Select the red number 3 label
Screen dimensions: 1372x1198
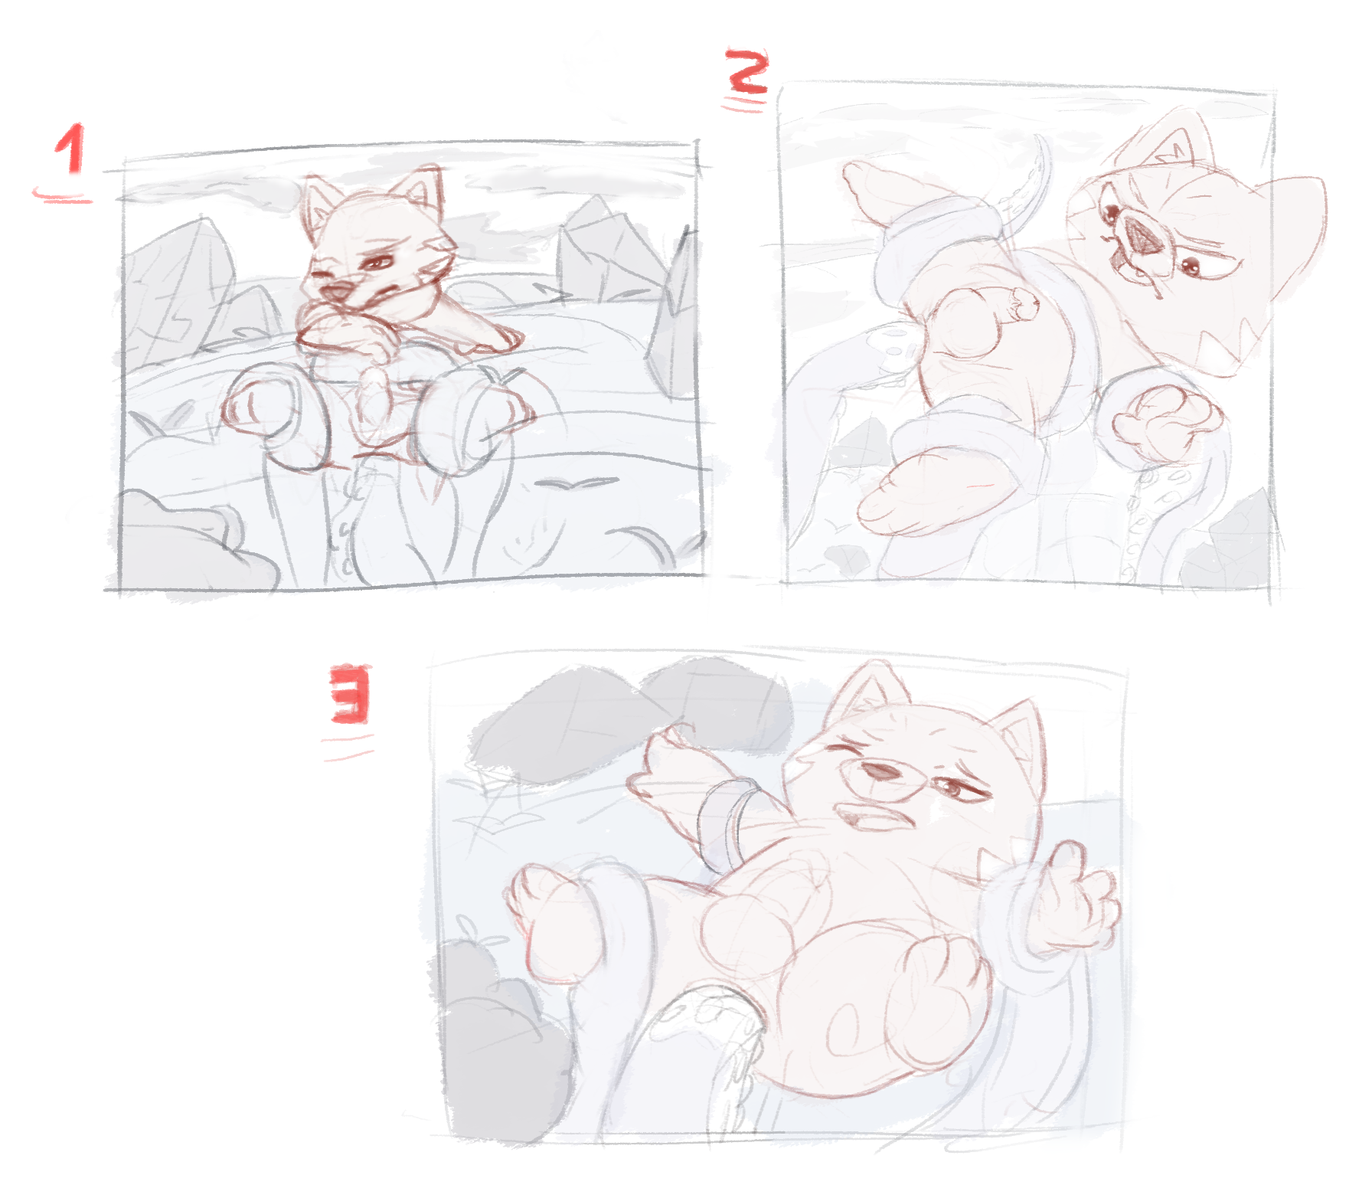pyautogui.click(x=351, y=694)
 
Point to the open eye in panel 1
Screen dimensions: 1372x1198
pyautogui.click(x=376, y=262)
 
